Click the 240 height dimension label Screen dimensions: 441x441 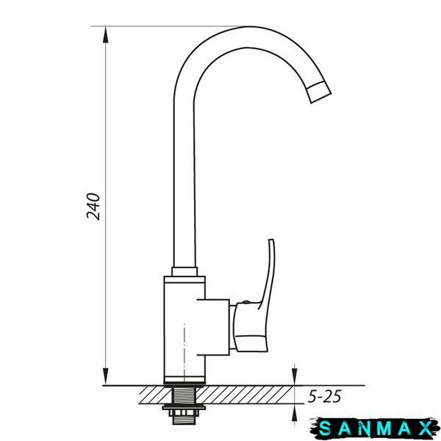tap(93, 206)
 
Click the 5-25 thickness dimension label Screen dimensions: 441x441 tap(324, 396)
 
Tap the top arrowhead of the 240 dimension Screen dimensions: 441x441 tap(105, 35)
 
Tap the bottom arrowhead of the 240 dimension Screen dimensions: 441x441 tap(105, 376)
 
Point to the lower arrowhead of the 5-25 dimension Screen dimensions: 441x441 tap(295, 412)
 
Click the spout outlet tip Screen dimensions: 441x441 tap(319, 93)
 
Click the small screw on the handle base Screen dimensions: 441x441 tap(245, 302)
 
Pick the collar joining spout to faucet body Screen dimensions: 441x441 tap(184, 271)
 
